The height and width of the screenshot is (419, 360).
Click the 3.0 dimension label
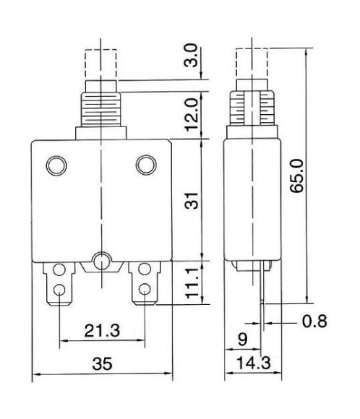[191, 55]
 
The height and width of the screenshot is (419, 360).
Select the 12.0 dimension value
[192, 114]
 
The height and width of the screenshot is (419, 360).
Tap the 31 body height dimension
[192, 200]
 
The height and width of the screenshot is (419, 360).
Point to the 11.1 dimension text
[192, 283]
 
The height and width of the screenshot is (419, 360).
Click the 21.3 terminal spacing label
[102, 331]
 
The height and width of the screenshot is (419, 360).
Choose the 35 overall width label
[102, 363]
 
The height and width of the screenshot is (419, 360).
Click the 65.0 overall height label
[296, 176]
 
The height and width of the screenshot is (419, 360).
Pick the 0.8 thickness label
[314, 321]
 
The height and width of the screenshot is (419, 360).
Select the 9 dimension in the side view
[243, 340]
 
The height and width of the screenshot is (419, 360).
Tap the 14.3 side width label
[254, 363]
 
